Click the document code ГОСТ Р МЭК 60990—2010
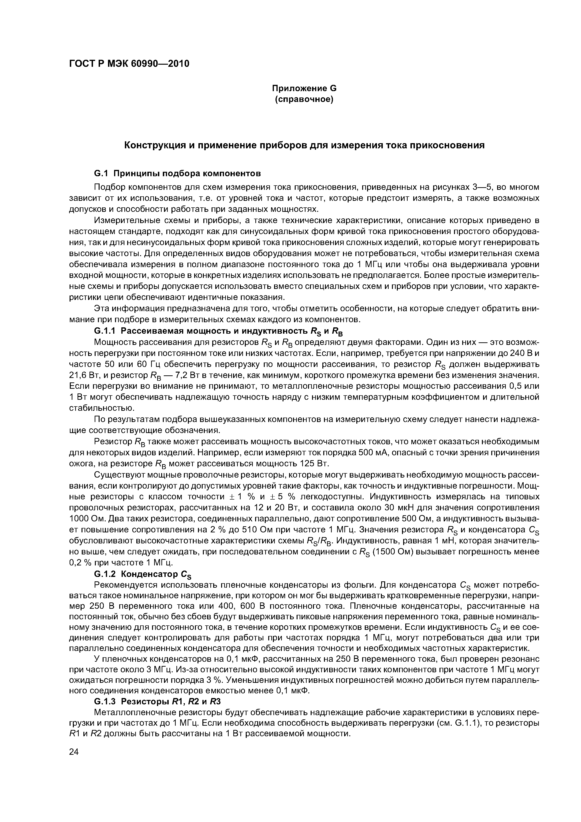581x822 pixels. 129,64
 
